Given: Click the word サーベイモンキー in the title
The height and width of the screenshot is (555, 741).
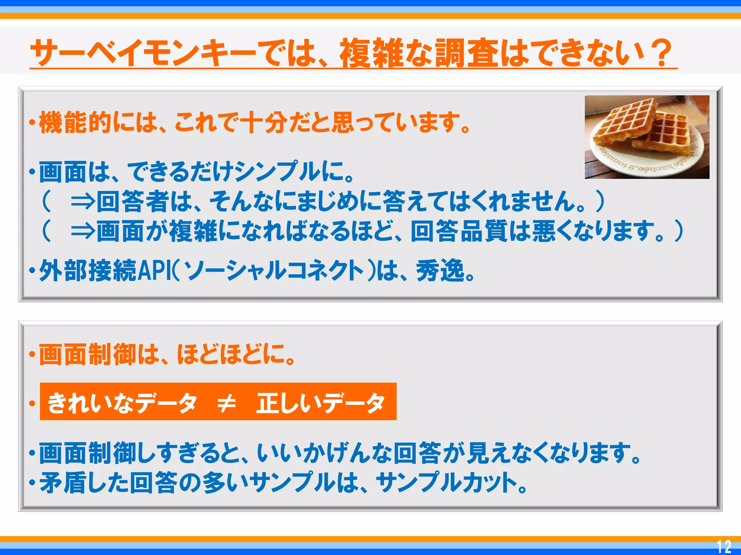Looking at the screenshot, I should point(143,53).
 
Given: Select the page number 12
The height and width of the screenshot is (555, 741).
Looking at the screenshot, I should point(724,546).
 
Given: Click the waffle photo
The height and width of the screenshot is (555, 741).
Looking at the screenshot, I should point(647,137).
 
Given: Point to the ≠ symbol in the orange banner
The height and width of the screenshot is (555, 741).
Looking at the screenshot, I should point(226,403).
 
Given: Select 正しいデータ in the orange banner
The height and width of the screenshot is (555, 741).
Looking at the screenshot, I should point(320,403).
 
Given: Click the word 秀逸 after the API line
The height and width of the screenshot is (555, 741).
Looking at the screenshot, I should point(440,271).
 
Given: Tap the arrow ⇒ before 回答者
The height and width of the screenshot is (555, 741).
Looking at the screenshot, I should point(83,201).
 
